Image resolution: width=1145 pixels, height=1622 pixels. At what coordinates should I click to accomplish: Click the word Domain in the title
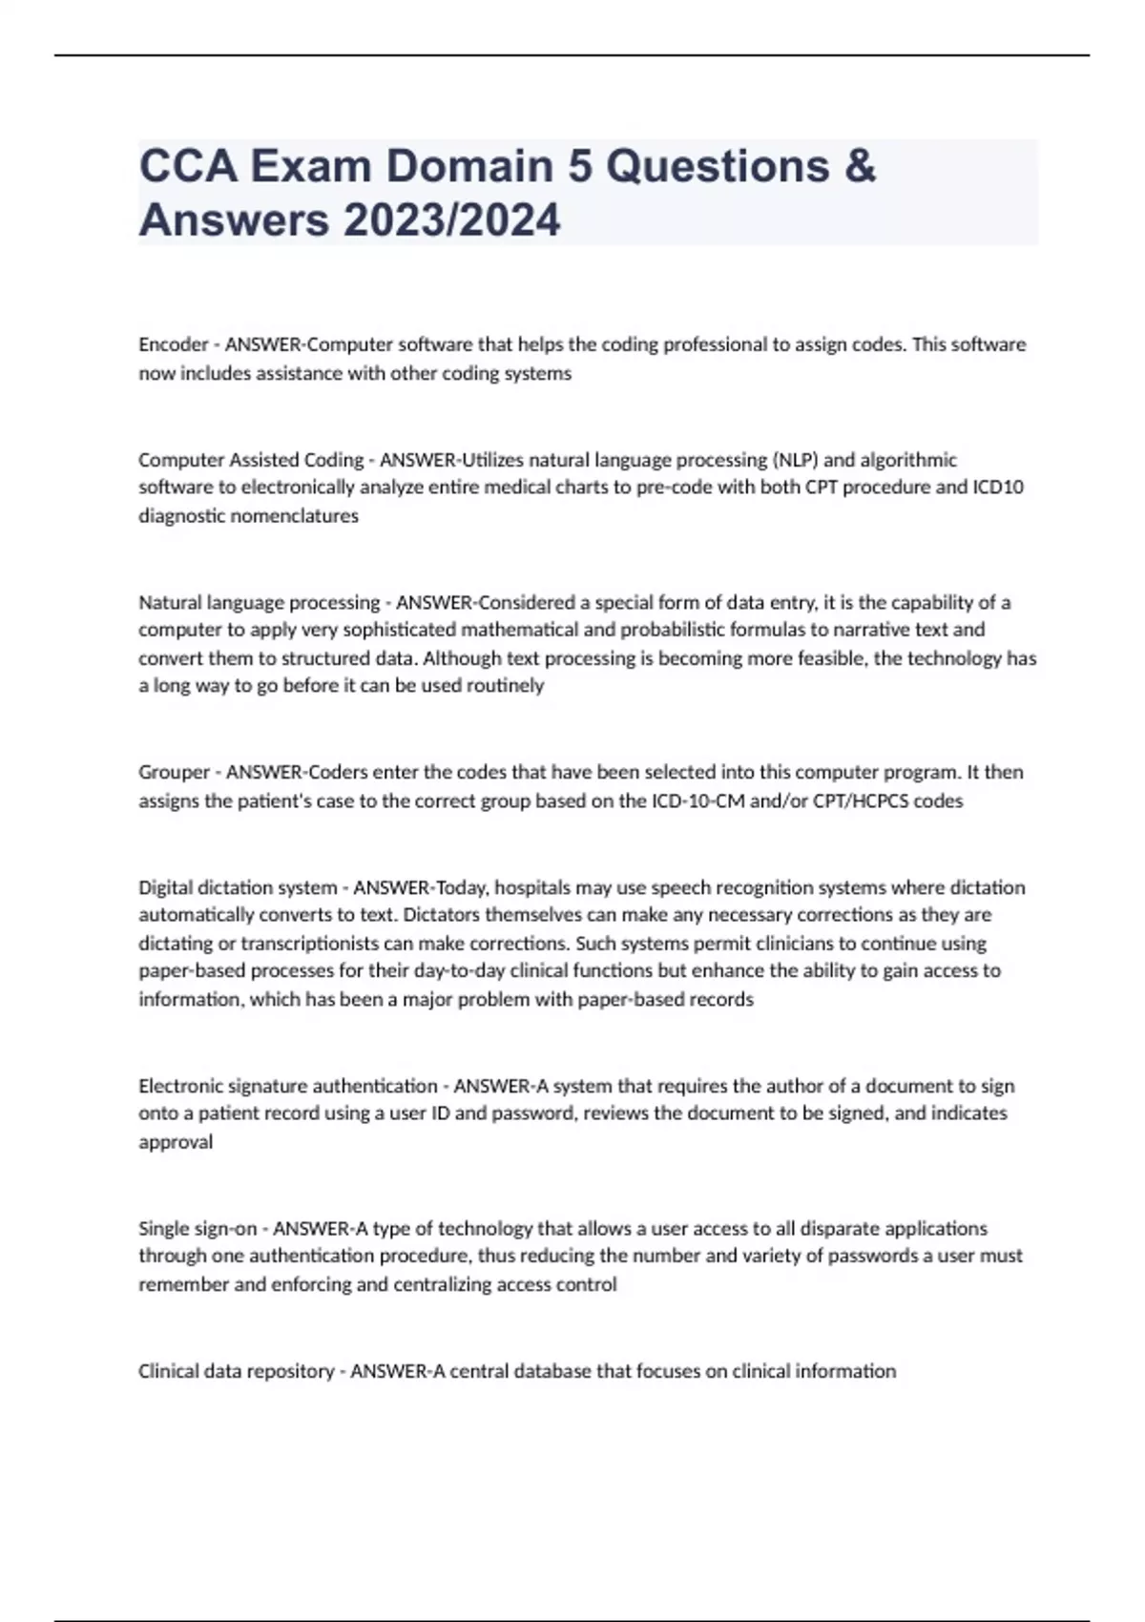[x=468, y=166]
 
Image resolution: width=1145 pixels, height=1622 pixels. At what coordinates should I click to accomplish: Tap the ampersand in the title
[x=860, y=166]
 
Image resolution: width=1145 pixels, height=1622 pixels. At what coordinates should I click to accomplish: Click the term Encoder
[x=174, y=344]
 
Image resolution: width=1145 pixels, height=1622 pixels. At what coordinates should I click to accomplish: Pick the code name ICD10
[x=997, y=488]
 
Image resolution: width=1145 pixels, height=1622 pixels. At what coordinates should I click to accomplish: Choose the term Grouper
[x=175, y=772]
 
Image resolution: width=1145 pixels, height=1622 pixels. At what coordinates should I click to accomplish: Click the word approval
[x=176, y=1142]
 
